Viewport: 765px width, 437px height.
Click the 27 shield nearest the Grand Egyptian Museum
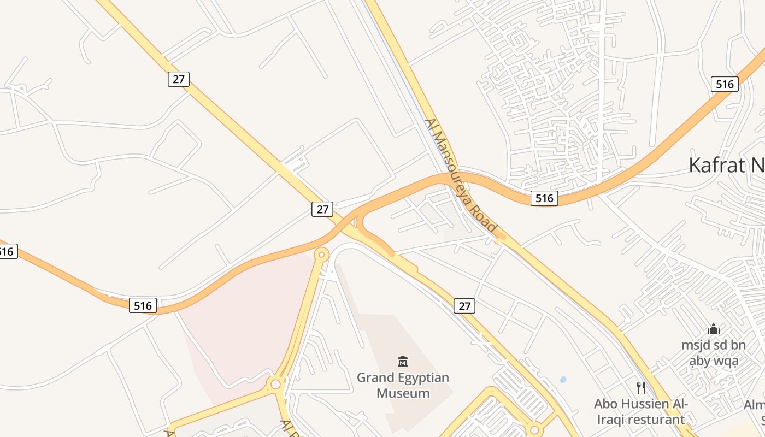(x=464, y=306)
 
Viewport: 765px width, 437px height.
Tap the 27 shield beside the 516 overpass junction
(x=322, y=209)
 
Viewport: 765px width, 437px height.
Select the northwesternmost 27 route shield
(x=178, y=79)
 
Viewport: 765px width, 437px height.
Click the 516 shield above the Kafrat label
(x=725, y=84)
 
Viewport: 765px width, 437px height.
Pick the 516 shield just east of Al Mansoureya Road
(x=544, y=198)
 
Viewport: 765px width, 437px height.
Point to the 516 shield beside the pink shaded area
(x=143, y=305)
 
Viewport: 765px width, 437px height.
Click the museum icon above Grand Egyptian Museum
(x=403, y=361)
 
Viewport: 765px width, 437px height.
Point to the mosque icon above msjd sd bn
(x=713, y=329)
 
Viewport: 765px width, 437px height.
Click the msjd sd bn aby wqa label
(x=713, y=353)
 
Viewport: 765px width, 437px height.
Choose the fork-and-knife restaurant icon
(x=641, y=388)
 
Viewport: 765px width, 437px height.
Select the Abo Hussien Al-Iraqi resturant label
(x=640, y=411)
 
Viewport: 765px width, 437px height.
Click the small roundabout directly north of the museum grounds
(x=322, y=254)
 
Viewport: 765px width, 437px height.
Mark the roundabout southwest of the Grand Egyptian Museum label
(x=275, y=384)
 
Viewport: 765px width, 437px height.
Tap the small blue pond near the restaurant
(x=563, y=379)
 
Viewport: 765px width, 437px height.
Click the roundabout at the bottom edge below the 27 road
(x=534, y=430)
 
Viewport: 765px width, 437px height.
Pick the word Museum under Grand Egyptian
(x=403, y=393)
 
